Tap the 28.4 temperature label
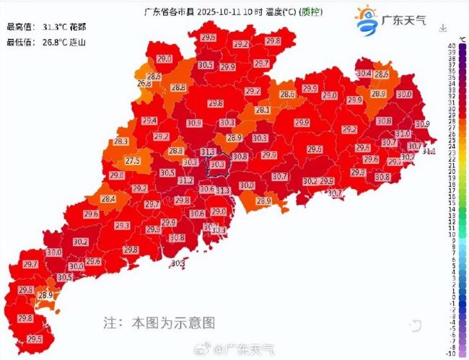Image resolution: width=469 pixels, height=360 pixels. click(108, 199)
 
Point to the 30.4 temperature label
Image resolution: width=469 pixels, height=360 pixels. click(364, 73)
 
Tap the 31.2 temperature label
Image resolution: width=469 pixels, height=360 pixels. click(185, 181)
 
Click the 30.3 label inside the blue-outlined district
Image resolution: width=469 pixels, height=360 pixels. click(217, 165)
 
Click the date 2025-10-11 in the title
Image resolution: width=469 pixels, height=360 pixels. click(219, 12)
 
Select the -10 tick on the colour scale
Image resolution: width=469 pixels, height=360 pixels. click(451, 353)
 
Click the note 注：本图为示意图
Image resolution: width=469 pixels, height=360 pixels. click(159, 322)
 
